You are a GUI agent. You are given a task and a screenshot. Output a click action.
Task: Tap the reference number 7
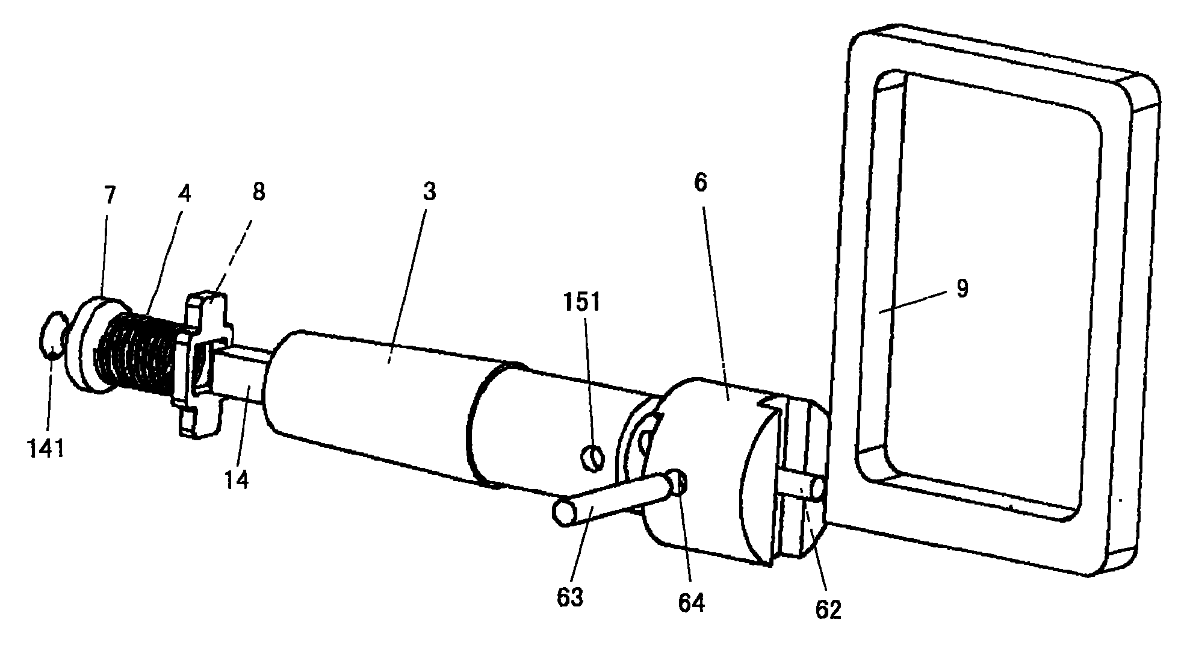tap(110, 196)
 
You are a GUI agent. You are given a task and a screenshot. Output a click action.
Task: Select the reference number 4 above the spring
tap(184, 194)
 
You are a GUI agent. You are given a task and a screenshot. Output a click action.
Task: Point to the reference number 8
tap(258, 193)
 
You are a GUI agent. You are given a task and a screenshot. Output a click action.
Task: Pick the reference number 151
tap(582, 302)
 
